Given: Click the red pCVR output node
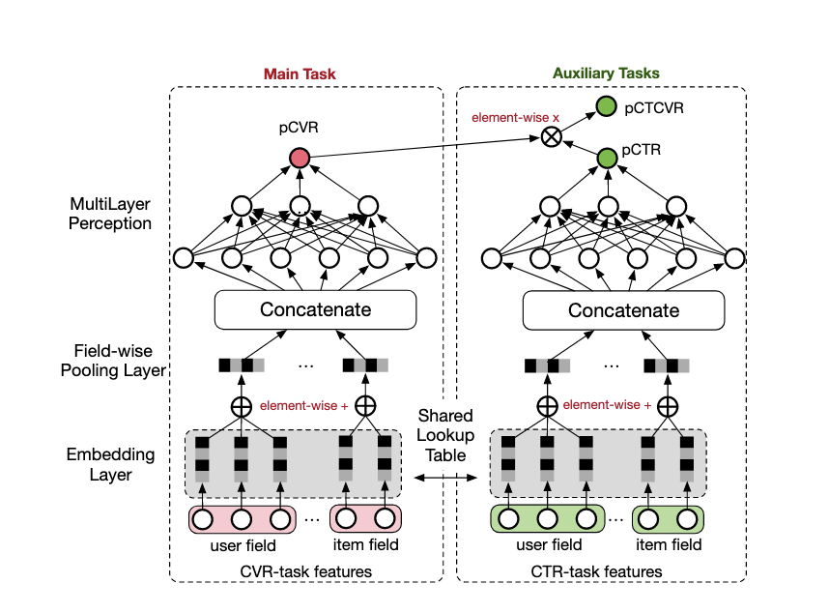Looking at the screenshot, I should click(299, 157).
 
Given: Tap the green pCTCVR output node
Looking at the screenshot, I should click(606, 107).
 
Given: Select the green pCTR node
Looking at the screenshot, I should click(606, 157).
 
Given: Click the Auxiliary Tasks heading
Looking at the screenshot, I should click(606, 73).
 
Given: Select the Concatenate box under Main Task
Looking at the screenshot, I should click(315, 310).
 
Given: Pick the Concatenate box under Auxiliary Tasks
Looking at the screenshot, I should click(623, 310).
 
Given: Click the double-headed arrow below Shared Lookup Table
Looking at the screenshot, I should click(445, 477).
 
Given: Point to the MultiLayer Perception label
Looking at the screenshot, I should click(110, 215).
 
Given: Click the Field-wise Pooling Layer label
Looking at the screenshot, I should click(110, 361).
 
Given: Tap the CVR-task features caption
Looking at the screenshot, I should click(305, 571).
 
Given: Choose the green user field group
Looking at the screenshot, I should click(548, 519).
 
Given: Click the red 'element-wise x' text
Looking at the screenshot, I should click(502, 117).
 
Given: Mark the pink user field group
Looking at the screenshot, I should click(242, 519).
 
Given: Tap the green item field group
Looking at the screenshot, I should click(669, 519).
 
